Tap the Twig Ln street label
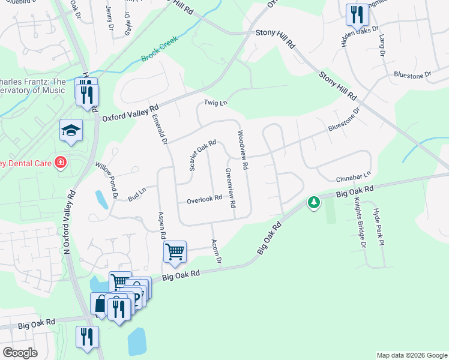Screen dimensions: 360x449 coord(215,103)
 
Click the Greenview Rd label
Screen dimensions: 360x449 coord(230,188)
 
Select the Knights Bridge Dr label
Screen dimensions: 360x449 coord(359,223)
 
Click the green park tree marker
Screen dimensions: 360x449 coord(313,203)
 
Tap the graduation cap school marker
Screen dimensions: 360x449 coord(71,130)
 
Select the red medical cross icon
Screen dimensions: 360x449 coord(60,163)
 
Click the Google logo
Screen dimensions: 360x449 coord(20,353)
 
